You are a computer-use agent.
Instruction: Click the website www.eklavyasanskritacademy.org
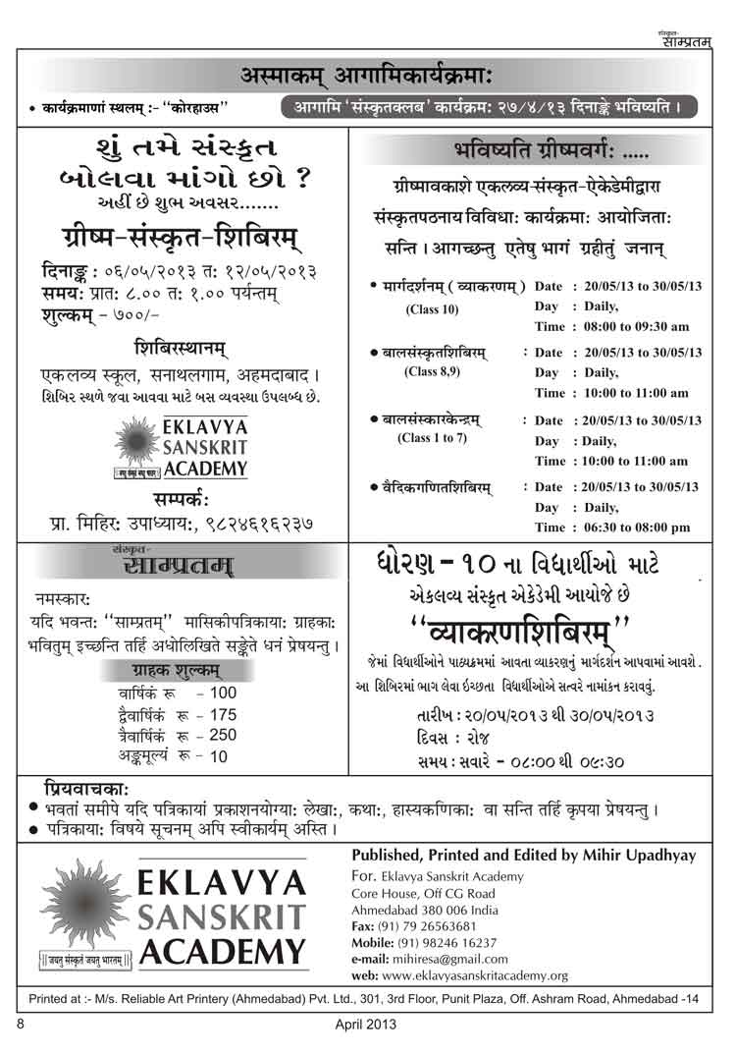click(x=459, y=975)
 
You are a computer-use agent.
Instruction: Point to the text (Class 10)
click(x=431, y=309)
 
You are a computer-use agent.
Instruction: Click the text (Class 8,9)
click(x=431, y=372)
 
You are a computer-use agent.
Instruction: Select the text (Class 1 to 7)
click(x=432, y=437)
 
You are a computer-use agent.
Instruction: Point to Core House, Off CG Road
click(x=413, y=893)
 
